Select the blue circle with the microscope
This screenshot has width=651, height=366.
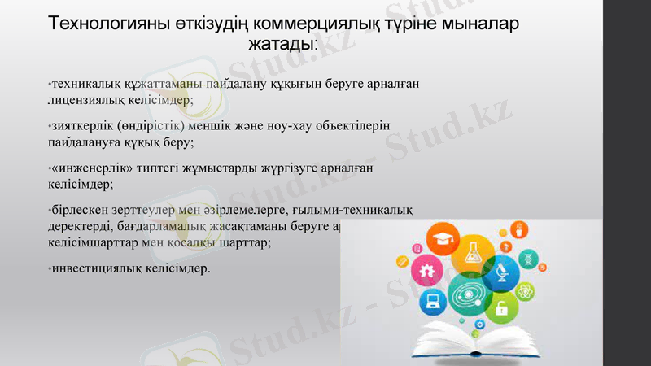coord(502,274)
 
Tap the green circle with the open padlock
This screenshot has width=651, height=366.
coord(501,308)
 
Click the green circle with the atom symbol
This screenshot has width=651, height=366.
coord(525,289)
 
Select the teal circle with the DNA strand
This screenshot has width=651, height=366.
coord(526,258)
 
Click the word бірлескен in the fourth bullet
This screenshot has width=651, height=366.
coord(80,211)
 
